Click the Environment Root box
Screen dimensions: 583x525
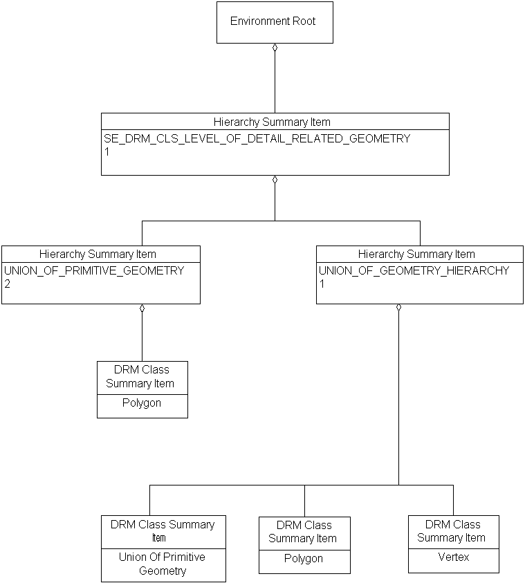pos(274,22)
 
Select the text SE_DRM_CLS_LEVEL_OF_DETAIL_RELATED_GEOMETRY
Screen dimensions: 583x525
pos(257,138)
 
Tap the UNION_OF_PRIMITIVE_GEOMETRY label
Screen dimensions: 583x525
pos(94,270)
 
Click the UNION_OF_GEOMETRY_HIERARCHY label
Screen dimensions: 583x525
pos(414,270)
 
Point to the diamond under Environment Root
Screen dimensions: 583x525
pos(275,48)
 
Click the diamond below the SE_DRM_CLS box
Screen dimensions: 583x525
pos(275,180)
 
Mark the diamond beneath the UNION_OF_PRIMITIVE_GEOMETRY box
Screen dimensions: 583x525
pos(142,308)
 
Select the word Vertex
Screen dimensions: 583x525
pos(453,557)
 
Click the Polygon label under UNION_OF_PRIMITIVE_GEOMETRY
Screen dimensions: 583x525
pos(142,402)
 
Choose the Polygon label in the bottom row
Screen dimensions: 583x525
pos(304,558)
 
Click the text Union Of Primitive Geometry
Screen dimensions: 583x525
pos(163,564)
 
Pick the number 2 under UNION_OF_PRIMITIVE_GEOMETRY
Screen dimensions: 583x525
pos(7,284)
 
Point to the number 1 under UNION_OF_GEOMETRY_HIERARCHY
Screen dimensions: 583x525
pos(322,284)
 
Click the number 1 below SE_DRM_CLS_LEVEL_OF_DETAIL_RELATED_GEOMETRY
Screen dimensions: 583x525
pos(107,151)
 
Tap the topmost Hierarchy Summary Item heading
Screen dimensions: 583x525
pos(272,122)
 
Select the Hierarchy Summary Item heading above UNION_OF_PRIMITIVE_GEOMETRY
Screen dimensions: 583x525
pos(98,254)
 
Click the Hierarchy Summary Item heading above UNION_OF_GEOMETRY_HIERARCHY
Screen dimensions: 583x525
pos(416,254)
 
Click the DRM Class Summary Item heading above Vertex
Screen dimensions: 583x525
pos(452,531)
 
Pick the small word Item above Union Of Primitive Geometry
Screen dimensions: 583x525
pos(158,537)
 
